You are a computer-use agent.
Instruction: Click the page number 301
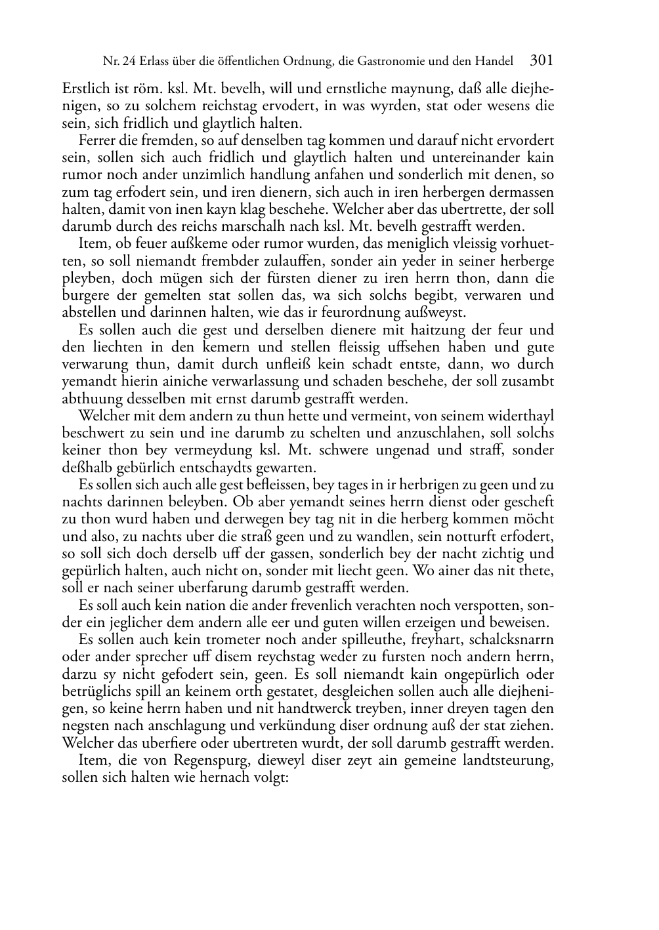tap(542, 61)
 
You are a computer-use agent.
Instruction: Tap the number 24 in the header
tap(128, 62)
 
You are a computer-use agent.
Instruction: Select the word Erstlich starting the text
tap(84, 88)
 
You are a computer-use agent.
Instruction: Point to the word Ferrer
tap(96, 140)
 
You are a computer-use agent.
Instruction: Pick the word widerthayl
tap(519, 416)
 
